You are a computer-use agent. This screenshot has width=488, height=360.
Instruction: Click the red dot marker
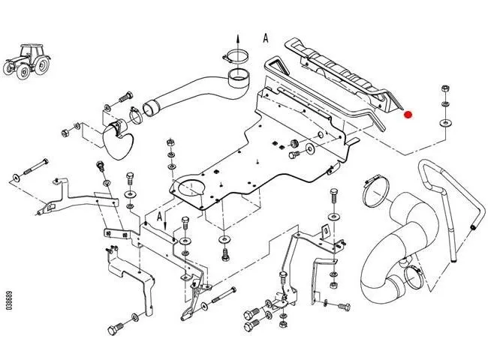click(x=408, y=115)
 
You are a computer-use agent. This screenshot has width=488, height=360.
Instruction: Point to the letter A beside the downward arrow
click(x=160, y=217)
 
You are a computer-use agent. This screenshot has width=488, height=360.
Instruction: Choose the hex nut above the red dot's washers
click(x=445, y=88)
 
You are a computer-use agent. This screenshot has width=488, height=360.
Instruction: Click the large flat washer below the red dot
click(x=446, y=122)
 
